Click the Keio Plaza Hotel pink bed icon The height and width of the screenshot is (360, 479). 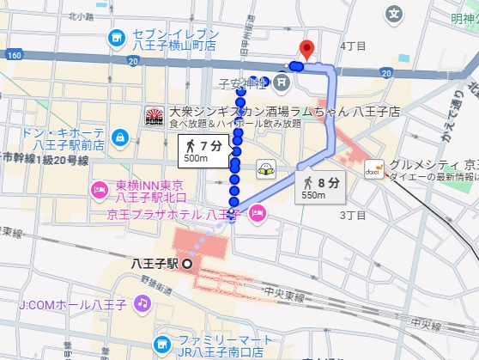258,216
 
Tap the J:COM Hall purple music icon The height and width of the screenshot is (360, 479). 142,303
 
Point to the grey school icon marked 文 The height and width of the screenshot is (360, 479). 394,14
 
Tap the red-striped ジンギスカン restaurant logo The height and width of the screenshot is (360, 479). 155,114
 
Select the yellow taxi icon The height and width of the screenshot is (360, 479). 267,169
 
